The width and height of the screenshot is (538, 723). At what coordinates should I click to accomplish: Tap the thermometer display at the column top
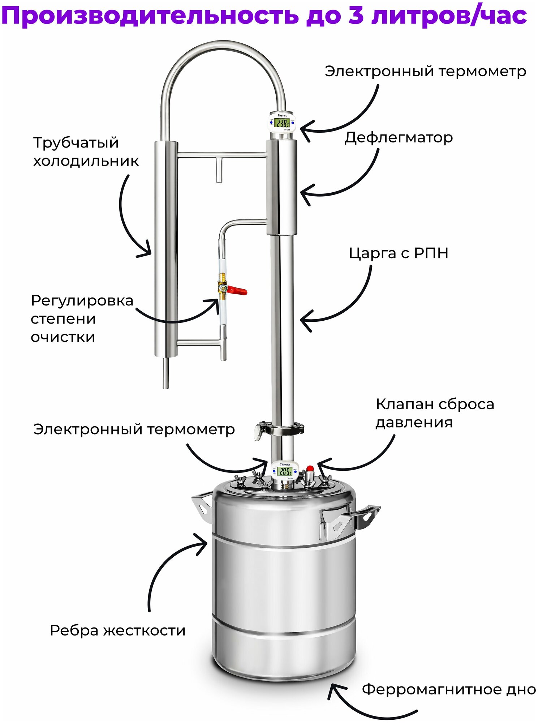[x=281, y=123]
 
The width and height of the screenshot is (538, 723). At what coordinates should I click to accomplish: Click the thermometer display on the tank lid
[x=285, y=471]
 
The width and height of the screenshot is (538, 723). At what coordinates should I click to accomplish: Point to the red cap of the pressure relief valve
[x=310, y=469]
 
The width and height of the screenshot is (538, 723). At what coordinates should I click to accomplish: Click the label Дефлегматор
[x=398, y=138]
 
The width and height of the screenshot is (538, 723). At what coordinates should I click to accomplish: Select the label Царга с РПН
[x=398, y=253]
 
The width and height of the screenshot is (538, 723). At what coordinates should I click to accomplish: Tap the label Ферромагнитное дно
[x=448, y=689]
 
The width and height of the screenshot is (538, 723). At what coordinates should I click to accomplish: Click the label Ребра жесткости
[x=117, y=630]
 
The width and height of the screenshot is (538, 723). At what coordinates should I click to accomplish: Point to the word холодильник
[x=86, y=161]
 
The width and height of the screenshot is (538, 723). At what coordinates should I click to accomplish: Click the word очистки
[x=63, y=337]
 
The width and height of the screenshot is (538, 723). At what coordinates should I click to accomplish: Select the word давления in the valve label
[x=414, y=422]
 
